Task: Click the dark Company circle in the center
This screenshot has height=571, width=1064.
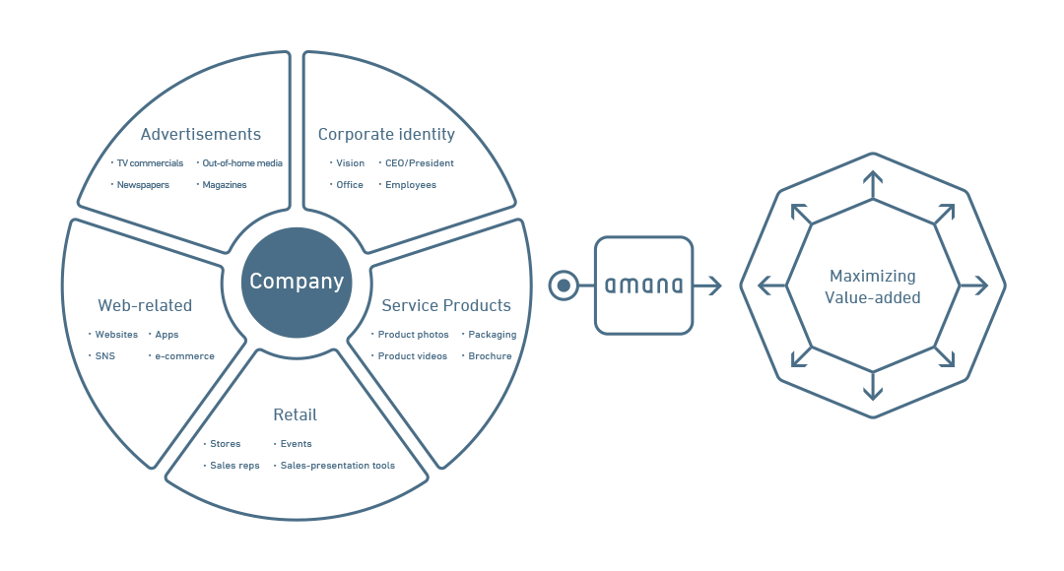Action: (x=297, y=283)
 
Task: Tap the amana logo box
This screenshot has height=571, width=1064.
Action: (x=643, y=285)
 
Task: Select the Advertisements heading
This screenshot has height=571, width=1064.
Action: (x=201, y=134)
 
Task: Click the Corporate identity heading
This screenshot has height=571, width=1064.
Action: (x=386, y=134)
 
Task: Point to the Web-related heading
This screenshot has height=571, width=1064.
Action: (x=145, y=305)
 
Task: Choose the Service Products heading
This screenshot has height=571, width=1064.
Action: (x=446, y=305)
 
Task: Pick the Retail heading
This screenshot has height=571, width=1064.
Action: (x=296, y=414)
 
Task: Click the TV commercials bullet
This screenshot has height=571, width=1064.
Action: (x=150, y=163)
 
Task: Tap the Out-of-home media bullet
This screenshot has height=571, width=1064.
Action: (x=242, y=163)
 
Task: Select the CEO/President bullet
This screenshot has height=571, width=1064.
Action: (x=420, y=163)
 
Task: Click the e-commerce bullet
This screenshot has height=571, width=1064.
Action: (x=184, y=356)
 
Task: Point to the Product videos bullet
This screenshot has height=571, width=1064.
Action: (x=413, y=356)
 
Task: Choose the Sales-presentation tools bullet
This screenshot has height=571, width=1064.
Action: (x=337, y=466)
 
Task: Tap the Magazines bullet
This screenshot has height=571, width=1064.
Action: (x=225, y=185)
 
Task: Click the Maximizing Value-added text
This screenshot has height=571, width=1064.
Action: (x=873, y=286)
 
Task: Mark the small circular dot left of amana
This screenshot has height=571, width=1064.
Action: (x=563, y=285)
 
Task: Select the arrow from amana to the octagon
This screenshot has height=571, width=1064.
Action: (x=707, y=285)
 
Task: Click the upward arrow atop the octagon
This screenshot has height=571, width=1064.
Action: (x=873, y=184)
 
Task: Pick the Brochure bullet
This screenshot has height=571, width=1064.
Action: (x=490, y=356)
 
